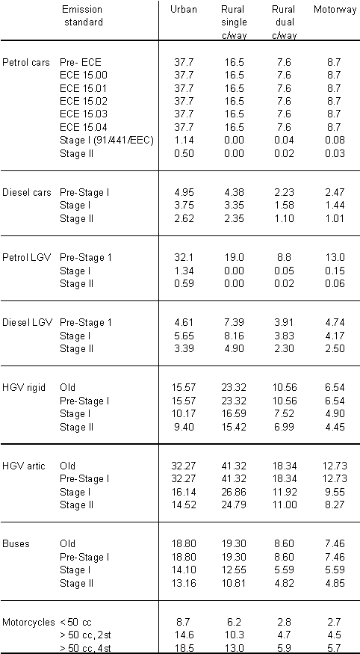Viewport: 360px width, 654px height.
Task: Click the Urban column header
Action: [183, 10]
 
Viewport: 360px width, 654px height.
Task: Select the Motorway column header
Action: [335, 10]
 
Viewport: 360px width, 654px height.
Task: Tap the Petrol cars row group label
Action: [26, 63]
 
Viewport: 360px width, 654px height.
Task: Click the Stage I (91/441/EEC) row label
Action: [107, 141]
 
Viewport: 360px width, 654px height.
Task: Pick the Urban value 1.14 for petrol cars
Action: [183, 141]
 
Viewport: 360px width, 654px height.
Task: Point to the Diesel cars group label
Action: [27, 193]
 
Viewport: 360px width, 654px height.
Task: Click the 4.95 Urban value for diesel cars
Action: [183, 193]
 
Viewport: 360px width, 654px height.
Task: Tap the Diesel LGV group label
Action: [27, 323]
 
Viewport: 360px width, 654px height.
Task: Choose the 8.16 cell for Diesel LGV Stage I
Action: [234, 336]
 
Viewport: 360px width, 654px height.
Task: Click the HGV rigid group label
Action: [24, 388]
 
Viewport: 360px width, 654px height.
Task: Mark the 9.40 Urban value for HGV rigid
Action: [183, 427]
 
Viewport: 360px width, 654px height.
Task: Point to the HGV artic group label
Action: [24, 466]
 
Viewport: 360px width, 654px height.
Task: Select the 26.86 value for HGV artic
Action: [234, 492]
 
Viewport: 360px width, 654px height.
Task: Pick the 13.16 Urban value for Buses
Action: [183, 583]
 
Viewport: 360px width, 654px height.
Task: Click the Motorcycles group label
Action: [28, 623]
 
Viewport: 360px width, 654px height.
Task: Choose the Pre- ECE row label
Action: [81, 63]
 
